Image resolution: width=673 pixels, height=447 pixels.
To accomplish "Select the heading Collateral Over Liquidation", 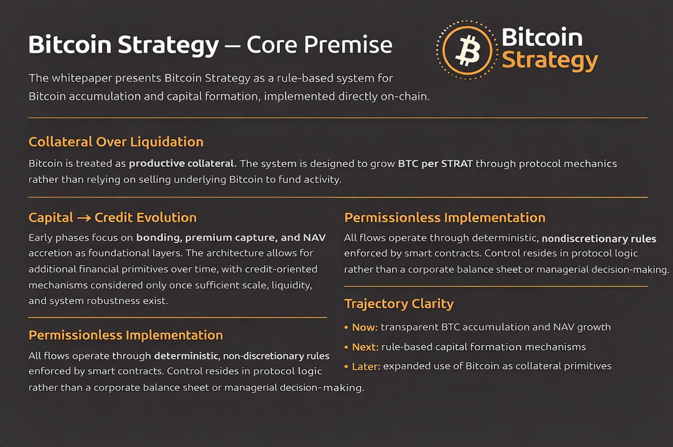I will click(x=116, y=141).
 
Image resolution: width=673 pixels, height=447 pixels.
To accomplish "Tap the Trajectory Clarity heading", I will click(x=399, y=304).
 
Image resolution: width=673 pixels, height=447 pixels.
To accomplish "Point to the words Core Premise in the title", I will click(x=319, y=45).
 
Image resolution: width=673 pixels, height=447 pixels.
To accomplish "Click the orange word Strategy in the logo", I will click(x=550, y=59).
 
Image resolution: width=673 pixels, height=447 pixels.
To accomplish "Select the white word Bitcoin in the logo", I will click(x=542, y=38).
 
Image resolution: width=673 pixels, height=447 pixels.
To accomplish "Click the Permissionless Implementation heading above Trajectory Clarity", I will click(x=445, y=217).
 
